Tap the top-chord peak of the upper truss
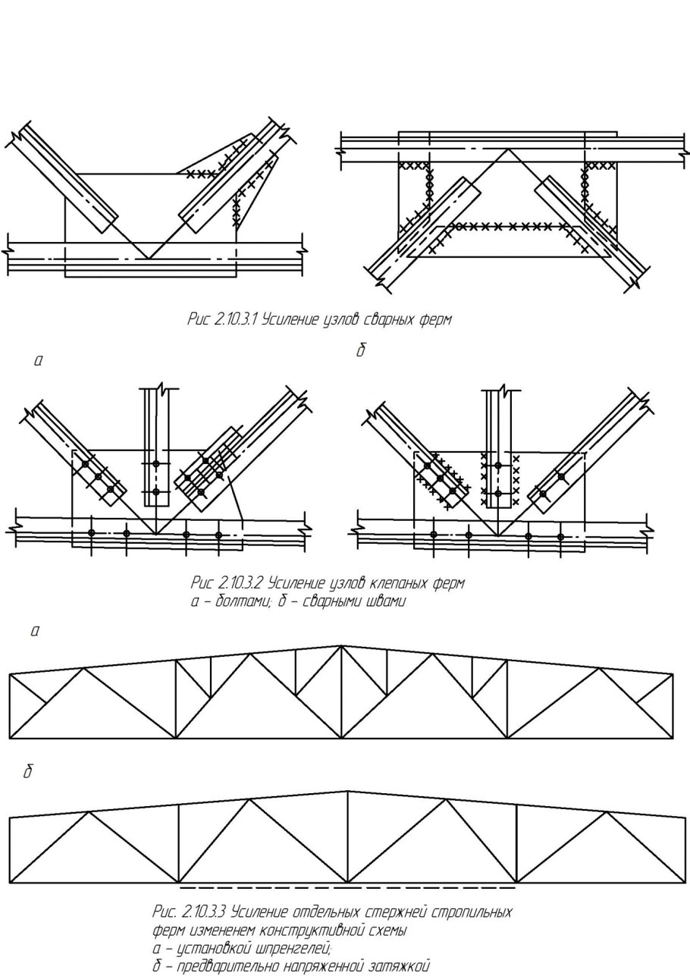pos(342,646)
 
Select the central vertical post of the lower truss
pos(347,838)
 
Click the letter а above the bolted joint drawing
pos(38,362)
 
